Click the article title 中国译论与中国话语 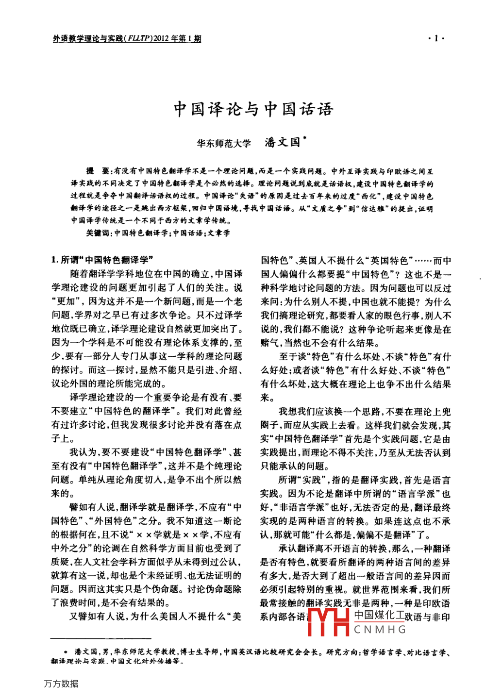pos(253,109)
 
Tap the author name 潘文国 pos(283,143)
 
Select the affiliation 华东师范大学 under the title pos(224,143)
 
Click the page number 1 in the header pos(436,39)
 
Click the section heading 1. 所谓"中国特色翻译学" pos(102,260)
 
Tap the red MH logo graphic pos(328,622)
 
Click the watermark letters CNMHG pos(380,630)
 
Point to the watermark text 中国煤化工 pos(379,615)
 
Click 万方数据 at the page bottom pos(61,683)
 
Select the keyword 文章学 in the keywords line pos(219,233)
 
